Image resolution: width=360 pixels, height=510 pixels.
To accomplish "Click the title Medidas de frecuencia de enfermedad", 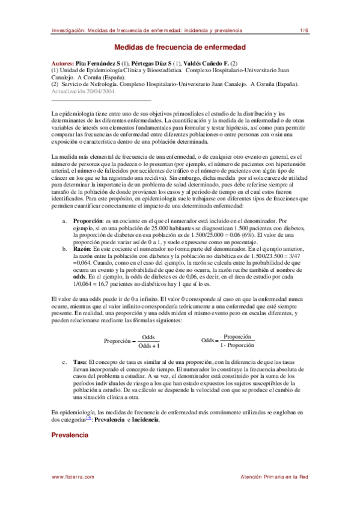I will pyautogui.click(x=180, y=48).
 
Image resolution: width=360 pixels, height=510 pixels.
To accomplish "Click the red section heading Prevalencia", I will pyautogui.click(x=70, y=434).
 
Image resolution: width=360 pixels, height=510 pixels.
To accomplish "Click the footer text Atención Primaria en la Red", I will pyautogui.click(x=274, y=477).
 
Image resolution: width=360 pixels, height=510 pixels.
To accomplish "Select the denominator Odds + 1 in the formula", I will pyautogui.click(x=148, y=346).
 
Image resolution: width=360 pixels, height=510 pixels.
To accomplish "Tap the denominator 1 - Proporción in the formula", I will pyautogui.click(x=237, y=346).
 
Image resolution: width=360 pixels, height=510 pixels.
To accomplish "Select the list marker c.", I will pyautogui.click(x=65, y=362).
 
